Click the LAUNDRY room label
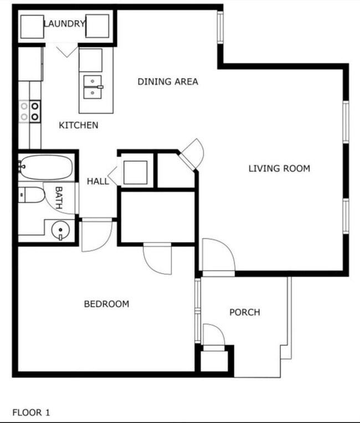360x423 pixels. coord(64,24)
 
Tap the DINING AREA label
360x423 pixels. coord(168,82)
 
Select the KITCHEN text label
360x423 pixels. coord(79,125)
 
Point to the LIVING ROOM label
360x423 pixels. coord(279,168)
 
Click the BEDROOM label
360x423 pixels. coord(106,304)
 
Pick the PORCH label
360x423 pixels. coord(245,312)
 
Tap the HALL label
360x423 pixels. coord(98,181)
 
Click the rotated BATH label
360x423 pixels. coord(59,197)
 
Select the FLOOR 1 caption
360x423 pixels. coord(31,412)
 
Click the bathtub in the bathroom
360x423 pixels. coord(45,167)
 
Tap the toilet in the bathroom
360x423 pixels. coord(32,195)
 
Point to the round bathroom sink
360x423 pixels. coord(59,229)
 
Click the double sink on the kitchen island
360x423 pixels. coord(93,87)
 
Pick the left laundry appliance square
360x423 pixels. coord(32,26)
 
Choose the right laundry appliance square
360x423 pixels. coord(97,26)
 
